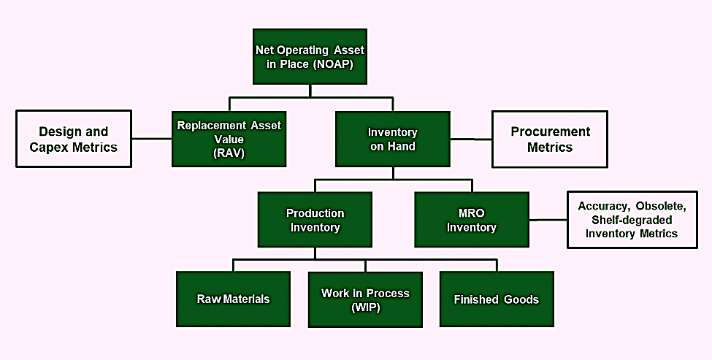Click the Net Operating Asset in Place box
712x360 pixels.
pos(310,57)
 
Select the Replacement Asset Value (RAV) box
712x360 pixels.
pos(229,139)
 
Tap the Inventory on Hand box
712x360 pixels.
pos(393,139)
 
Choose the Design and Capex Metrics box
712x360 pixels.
pos(74,139)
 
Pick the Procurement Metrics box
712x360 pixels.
pos(550,139)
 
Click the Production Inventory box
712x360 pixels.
pos(315,220)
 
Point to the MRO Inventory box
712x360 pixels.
pos(472,220)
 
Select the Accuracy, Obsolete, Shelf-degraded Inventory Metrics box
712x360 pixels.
pos(632,220)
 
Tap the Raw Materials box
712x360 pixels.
pos(234,299)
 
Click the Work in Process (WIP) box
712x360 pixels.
pos(366,299)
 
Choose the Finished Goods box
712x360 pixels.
pos(497,299)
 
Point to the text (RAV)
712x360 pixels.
pos(229,153)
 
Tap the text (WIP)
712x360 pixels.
pos(366,307)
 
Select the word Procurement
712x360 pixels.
pos(551,131)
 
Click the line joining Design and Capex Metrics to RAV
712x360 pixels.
pos(152,139)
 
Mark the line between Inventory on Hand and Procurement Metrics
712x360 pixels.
pos(471,139)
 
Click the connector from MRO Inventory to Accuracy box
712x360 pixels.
pos(548,220)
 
